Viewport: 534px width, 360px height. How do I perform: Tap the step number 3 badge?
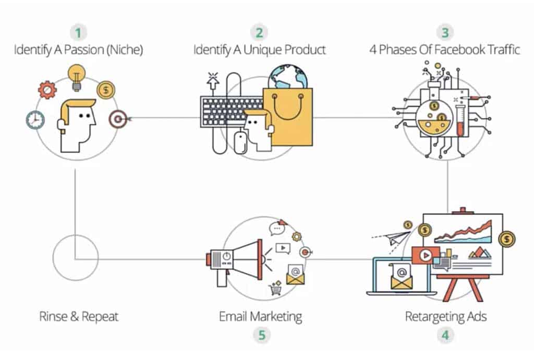click(x=444, y=33)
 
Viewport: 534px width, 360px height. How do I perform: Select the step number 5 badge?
click(x=261, y=335)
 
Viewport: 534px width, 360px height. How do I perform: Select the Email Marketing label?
click(x=261, y=316)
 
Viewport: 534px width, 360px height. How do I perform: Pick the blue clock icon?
click(x=35, y=120)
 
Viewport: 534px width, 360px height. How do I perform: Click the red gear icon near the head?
click(x=47, y=90)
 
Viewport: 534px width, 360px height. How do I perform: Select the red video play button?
click(x=425, y=256)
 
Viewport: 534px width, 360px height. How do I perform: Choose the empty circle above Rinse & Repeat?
click(x=76, y=258)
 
